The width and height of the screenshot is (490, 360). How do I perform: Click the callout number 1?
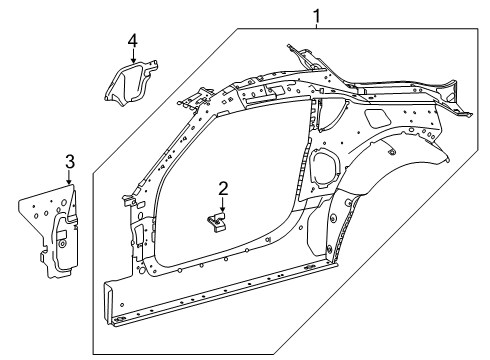(317, 15)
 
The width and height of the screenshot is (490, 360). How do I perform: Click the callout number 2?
(224, 187)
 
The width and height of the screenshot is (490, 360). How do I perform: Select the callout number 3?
(69, 160)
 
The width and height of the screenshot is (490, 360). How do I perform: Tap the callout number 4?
(132, 40)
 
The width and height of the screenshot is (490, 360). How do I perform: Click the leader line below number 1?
(317, 27)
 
